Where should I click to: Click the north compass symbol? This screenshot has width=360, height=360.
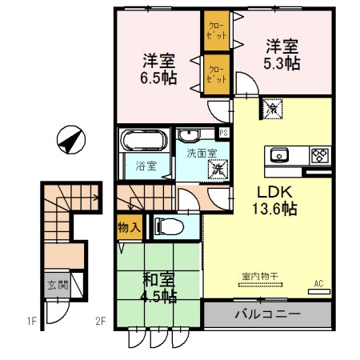point(70,141)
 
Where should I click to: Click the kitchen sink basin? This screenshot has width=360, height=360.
point(280,154)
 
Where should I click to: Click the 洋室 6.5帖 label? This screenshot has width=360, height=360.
point(159,69)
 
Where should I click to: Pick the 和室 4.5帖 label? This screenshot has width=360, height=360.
point(159,287)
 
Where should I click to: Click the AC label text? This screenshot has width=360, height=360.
point(318,283)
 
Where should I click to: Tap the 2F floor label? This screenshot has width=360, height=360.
point(101,322)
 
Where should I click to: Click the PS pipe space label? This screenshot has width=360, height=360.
point(224,132)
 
